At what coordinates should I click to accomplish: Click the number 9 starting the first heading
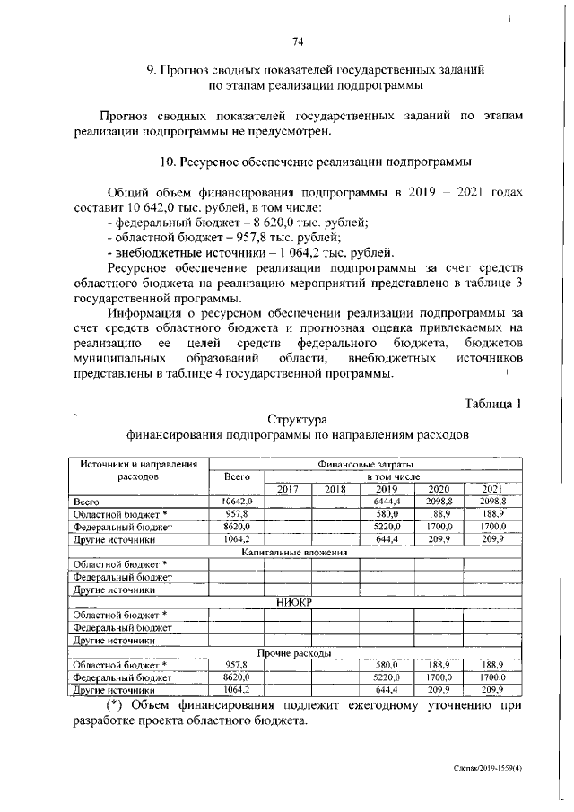151,70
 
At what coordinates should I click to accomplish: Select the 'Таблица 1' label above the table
492,402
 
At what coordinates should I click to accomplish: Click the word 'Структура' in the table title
298,419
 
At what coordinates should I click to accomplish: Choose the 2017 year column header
287,489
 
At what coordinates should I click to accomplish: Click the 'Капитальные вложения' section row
296,554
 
